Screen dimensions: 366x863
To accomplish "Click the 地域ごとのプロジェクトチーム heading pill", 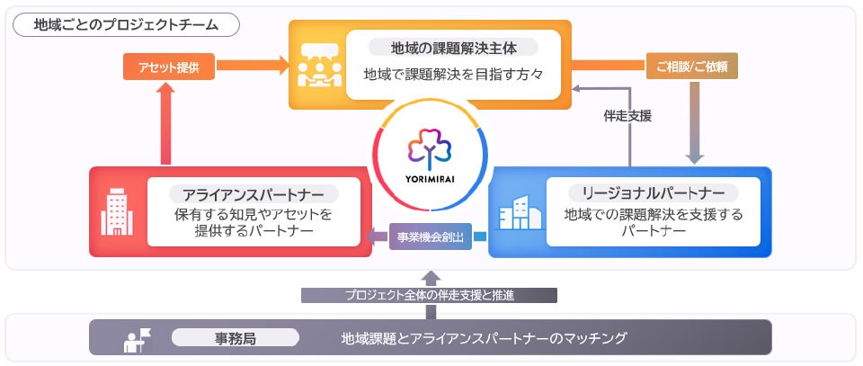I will pos(125,24).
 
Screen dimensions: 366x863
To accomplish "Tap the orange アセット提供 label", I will pos(163,66).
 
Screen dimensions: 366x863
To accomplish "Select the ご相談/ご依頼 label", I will pos(692,66).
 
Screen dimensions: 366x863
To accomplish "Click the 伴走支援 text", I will pos(627,115).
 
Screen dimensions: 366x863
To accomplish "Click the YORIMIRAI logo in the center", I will pos(431,152).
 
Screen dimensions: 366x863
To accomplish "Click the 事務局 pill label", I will pos(235,338).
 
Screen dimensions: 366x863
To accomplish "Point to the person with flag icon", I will pos(138,340).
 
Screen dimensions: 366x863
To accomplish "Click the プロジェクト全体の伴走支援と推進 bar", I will pos(429,295).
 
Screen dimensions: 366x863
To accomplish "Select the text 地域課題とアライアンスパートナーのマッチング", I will pos(483,339).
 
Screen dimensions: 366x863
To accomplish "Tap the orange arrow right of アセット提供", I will pos(247,66).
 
